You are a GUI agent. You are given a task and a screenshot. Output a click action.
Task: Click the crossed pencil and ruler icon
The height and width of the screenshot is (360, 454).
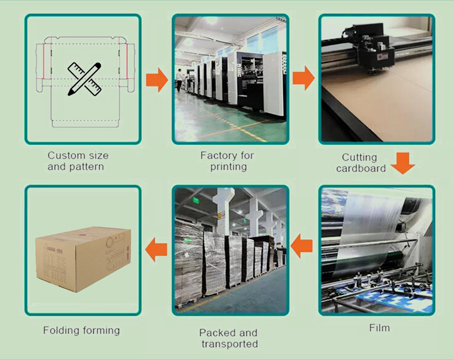pos(84,79)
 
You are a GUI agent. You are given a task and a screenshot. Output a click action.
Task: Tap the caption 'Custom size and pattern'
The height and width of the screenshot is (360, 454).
pos(78,161)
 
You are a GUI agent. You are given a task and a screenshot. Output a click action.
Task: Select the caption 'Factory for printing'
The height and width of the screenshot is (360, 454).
pos(227,161)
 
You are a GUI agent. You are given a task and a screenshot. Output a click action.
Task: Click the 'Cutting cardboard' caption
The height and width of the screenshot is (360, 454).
pos(361,163)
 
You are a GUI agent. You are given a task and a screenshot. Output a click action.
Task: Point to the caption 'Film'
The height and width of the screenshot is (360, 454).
pos(380,328)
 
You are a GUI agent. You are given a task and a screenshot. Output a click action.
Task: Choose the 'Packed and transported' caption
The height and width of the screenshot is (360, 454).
pos(228,338)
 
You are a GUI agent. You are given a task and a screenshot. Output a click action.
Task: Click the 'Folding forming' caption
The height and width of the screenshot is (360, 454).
pos(81,330)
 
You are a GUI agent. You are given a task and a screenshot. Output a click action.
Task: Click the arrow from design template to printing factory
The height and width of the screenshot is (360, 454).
pos(157,80)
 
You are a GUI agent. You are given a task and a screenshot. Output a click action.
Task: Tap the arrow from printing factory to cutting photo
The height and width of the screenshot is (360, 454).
pos(303,78)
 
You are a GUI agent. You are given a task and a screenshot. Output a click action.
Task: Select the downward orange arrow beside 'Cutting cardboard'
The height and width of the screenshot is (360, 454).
pos(403,163)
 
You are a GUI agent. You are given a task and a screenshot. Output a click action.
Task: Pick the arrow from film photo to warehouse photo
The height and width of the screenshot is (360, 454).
pos(301,246)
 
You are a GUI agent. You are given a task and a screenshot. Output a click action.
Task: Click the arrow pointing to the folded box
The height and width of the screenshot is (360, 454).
pos(156,250)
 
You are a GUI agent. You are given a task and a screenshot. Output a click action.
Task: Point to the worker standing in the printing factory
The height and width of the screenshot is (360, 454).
pos(180,80)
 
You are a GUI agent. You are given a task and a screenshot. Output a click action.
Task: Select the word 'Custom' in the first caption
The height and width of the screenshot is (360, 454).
pos(65,155)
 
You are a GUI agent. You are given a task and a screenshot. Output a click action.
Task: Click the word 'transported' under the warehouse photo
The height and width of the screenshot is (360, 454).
pos(230,344)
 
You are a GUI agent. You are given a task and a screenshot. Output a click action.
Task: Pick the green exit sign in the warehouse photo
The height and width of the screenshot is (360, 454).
pos(196,200)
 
